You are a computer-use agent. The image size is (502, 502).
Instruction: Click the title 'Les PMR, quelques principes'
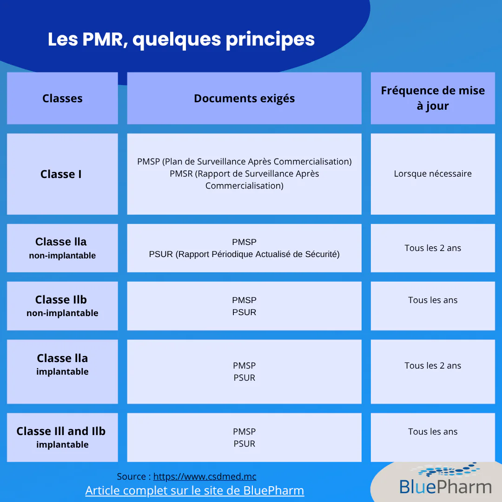coord(181,40)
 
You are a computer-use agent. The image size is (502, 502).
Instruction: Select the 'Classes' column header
coord(62,98)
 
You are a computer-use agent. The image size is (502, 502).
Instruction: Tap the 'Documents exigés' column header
coord(244,98)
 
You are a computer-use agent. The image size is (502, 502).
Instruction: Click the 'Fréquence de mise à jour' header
coord(433,98)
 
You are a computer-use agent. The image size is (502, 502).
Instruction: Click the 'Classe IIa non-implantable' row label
coord(62,248)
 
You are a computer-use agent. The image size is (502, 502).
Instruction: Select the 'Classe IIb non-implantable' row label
coord(62,306)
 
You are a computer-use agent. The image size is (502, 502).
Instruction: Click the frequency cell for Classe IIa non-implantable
coord(433,248)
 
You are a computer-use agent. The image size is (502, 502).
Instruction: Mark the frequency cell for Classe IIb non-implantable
coord(433,306)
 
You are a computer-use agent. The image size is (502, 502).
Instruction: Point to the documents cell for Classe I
coord(244,174)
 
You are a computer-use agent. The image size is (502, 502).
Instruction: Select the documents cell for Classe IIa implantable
coord(244,372)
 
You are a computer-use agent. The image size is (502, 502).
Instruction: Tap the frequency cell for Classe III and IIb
coord(433,437)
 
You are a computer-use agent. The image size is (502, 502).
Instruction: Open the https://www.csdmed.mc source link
coord(205,476)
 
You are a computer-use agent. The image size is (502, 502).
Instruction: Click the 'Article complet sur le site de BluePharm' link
coord(195,490)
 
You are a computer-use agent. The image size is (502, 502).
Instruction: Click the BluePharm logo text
coord(445,487)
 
